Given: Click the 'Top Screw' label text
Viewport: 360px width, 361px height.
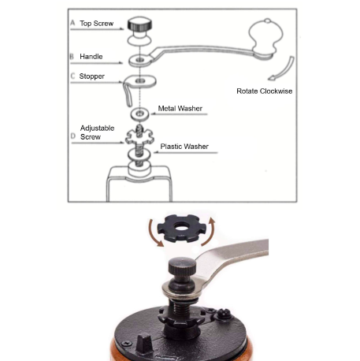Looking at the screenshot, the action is tap(97, 24).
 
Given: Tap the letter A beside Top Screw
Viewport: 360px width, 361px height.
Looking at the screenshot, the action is tap(72, 23).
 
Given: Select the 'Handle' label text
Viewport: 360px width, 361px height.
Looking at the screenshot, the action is tap(91, 57).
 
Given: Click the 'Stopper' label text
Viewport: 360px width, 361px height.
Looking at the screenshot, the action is tap(92, 76).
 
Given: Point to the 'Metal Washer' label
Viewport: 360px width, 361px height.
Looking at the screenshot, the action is tap(180, 109).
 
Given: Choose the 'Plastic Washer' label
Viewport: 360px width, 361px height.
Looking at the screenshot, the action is tap(184, 147).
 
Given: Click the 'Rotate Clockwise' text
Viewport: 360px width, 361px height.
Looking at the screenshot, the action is tap(265, 91).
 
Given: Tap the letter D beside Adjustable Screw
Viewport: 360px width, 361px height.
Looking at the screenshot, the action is tap(73, 136).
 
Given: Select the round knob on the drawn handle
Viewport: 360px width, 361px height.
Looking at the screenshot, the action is tap(265, 35).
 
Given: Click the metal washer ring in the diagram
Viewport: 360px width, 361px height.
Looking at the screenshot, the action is tap(140, 114).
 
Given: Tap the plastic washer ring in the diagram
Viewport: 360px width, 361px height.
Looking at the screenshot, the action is tap(139, 154).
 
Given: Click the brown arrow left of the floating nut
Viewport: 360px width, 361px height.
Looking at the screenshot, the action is tap(154, 233).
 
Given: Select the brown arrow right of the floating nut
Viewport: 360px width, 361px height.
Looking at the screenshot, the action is tap(209, 232).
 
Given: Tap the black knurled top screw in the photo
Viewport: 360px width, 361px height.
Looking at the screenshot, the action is tap(182, 266).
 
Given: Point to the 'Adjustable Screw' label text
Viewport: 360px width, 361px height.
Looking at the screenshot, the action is tap(97, 132).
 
